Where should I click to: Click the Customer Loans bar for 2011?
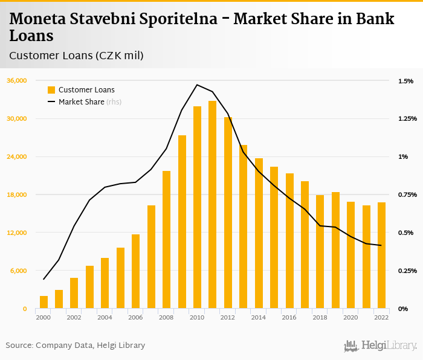tap(213, 205)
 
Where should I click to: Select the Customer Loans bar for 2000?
tap(44, 302)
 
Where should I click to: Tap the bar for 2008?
tap(167, 240)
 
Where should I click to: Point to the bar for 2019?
tap(335, 250)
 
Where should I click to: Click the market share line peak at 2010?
tap(197, 85)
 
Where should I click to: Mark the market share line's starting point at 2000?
tap(44, 279)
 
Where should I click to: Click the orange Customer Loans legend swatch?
tap(51, 90)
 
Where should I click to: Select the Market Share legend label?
tap(81, 102)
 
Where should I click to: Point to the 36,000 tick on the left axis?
tap(16, 81)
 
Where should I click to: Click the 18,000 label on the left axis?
tap(16, 194)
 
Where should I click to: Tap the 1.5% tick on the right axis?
tap(405, 81)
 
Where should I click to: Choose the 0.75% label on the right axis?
tap(407, 194)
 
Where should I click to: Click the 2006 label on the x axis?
tap(135, 317)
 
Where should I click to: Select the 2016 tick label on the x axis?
tap(289, 317)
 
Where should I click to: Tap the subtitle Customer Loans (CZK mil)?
tap(76, 56)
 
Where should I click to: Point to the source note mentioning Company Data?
tap(76, 346)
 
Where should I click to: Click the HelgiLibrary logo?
tap(380, 346)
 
